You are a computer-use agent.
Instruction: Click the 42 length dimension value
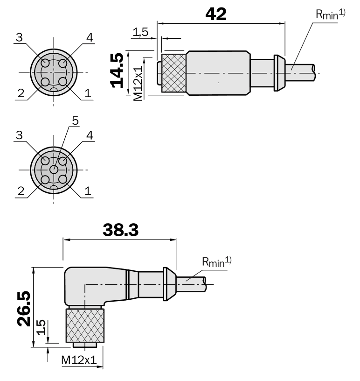[216, 14]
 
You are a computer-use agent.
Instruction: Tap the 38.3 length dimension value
[120, 231]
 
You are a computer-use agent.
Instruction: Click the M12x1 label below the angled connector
[78, 360]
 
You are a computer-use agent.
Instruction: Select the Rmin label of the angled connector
[216, 262]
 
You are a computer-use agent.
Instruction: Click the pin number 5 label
[75, 121]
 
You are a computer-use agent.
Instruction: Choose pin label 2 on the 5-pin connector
[20, 190]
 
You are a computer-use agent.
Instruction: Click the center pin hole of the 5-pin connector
[54, 170]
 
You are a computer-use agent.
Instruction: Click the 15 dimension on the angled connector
[42, 328]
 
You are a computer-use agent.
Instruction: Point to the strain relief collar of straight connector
[278, 72]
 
